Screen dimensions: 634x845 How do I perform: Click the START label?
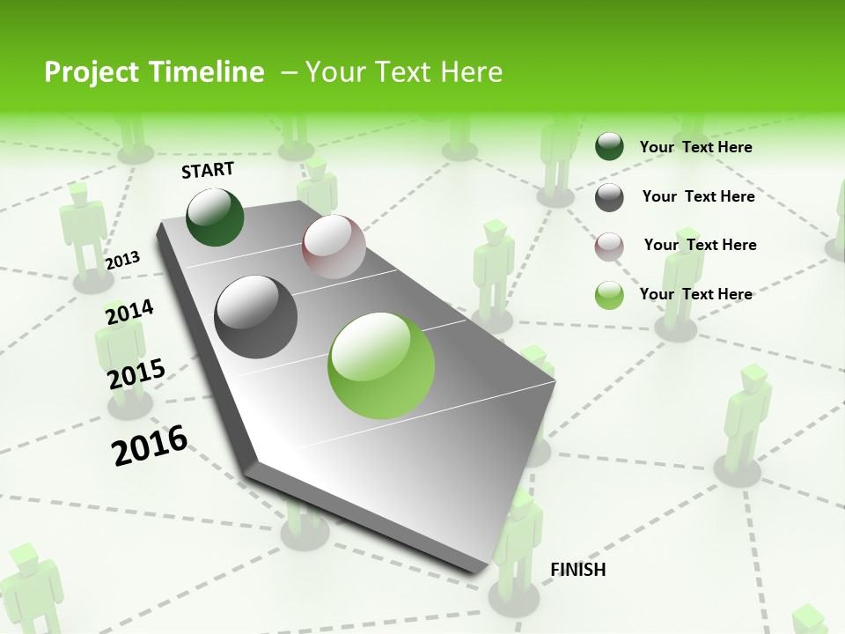tap(208, 170)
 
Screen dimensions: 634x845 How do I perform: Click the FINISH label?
tap(577, 570)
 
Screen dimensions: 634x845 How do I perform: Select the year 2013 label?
tap(122, 261)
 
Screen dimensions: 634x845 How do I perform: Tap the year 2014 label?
tap(129, 312)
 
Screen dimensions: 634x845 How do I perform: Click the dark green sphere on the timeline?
tap(215, 217)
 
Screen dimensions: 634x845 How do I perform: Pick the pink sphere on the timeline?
tap(334, 247)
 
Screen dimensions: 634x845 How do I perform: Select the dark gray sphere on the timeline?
tap(256, 317)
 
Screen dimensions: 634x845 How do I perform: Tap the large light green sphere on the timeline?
tap(381, 365)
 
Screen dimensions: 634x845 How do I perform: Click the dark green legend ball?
tap(609, 147)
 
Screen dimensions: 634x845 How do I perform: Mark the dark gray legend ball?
tap(609, 197)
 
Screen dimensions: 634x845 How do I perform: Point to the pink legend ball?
tap(609, 247)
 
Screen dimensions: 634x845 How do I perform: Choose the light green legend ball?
tap(609, 295)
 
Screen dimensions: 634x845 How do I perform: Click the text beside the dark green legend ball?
tap(695, 147)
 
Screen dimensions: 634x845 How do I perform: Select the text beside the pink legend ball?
tap(700, 245)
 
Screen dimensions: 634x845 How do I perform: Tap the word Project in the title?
tap(79, 72)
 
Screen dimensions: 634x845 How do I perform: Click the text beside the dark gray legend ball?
tap(698, 196)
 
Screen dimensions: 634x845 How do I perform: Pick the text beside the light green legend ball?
tap(695, 294)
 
